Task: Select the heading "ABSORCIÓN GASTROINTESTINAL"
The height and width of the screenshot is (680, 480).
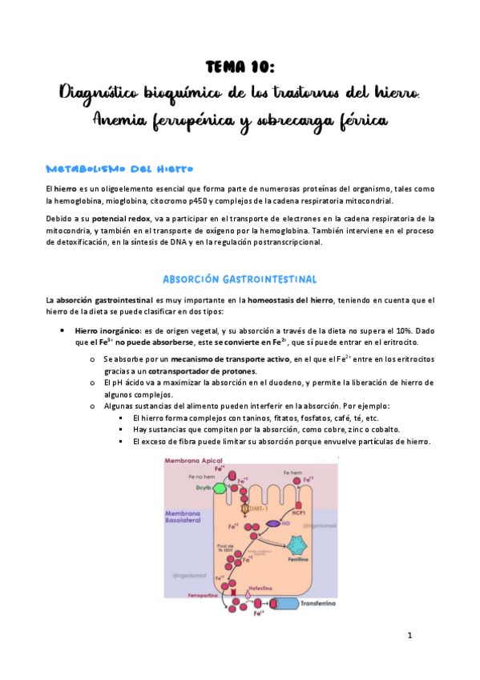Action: pos(240,279)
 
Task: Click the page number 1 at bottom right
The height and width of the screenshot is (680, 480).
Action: pos(409,636)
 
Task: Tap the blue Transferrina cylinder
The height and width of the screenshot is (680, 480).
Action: pos(284,604)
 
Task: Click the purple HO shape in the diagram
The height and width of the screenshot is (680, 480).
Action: pos(273,524)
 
